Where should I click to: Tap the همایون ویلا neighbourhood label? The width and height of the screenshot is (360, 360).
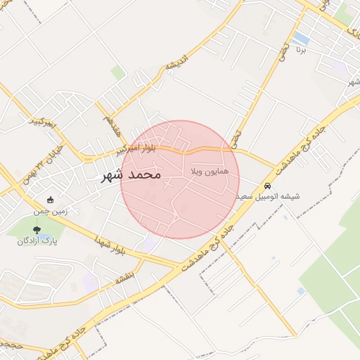click(206, 172)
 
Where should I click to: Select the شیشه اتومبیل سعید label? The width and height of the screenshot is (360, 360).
click(268, 196)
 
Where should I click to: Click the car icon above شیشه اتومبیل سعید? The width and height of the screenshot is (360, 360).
click(268, 185)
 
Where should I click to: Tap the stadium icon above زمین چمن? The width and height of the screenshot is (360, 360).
click(49, 200)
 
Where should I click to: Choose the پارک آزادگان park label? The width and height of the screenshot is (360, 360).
click(37, 240)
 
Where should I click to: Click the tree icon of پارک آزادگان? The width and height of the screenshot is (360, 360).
click(37, 229)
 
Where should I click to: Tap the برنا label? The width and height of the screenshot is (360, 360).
click(300, 51)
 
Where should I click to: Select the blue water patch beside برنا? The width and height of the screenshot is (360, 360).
click(302, 37)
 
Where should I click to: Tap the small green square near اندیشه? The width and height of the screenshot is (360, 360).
click(117, 72)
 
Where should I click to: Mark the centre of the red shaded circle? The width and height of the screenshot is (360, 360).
click(180, 180)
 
